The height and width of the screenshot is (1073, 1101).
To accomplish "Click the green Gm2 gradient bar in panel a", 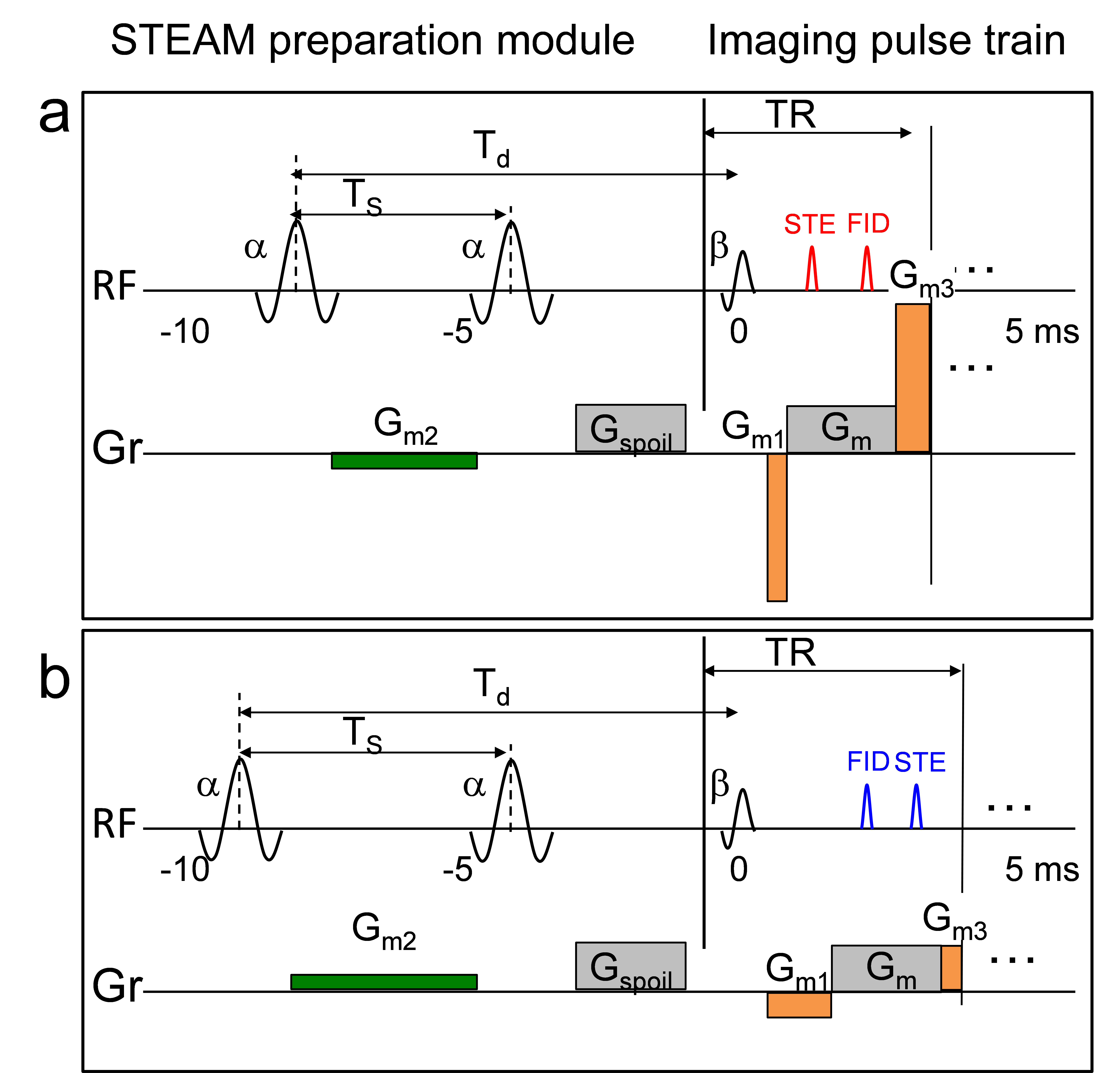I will click(404, 460).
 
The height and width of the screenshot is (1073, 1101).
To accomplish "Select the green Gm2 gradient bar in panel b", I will click(384, 982).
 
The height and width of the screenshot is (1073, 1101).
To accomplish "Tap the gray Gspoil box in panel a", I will click(630, 428).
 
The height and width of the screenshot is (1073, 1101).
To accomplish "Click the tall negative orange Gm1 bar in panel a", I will click(777, 527).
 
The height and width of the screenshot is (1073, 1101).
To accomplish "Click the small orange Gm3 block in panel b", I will click(951, 968).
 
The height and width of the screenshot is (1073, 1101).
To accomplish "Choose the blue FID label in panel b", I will click(868, 762).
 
